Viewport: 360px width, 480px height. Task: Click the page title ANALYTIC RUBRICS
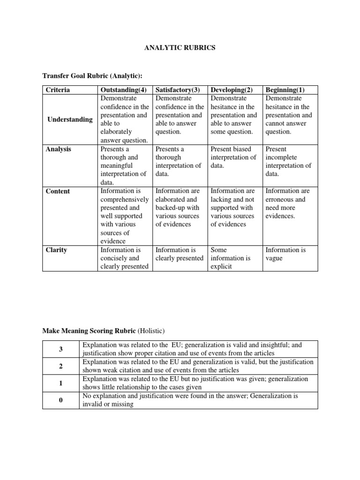[x=180, y=48]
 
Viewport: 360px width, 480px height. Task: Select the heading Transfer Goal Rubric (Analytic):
[x=92, y=76]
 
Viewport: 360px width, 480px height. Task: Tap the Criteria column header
[x=56, y=90]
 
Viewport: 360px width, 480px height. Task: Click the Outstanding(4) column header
[x=124, y=90]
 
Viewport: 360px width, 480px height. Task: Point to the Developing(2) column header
[x=232, y=90]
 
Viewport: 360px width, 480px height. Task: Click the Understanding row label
[x=70, y=120]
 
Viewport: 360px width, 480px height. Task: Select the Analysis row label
[x=58, y=149]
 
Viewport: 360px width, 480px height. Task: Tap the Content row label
[x=58, y=191]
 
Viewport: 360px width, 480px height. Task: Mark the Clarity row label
[x=56, y=250]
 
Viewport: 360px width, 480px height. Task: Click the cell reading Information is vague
[x=285, y=254]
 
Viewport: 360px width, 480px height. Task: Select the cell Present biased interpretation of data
[x=233, y=157]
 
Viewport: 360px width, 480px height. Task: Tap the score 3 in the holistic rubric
[x=61, y=349]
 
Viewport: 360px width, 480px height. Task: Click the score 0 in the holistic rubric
[x=61, y=400]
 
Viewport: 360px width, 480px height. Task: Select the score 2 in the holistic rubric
[x=61, y=366]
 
